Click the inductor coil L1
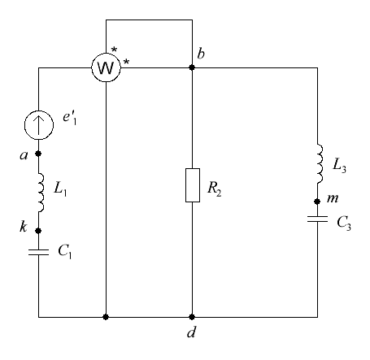point(41,193)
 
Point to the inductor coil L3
point(320,164)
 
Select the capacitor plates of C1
point(38,252)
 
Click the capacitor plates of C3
point(317,219)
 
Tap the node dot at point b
point(192,67)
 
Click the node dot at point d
point(192,317)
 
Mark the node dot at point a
point(38,154)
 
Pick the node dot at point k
point(38,231)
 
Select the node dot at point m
point(317,202)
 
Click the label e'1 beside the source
point(70,118)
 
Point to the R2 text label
point(215,189)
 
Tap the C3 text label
point(344,223)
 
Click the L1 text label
point(60,189)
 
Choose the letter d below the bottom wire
point(191,332)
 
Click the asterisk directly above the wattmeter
point(115,50)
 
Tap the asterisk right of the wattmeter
point(126,63)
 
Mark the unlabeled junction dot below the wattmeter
point(106,317)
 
